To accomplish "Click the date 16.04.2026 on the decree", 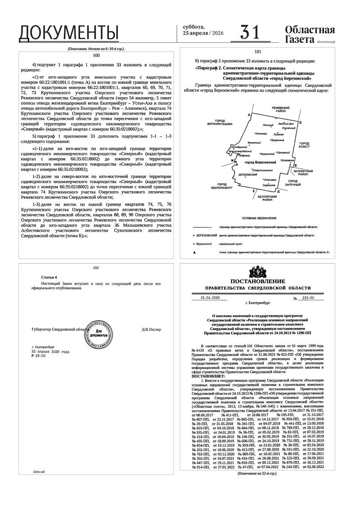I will tap(207, 298).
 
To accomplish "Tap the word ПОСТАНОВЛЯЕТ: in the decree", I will tap(209, 376).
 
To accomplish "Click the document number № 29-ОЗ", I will tap(38, 356).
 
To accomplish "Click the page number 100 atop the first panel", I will tap(96, 55).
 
